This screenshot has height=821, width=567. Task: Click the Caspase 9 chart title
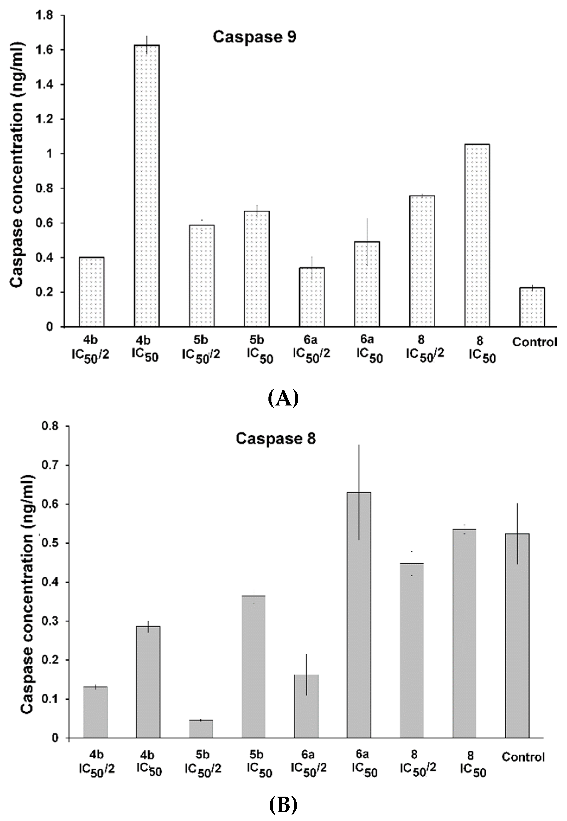tap(254, 37)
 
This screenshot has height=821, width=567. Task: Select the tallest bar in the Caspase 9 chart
tap(146, 185)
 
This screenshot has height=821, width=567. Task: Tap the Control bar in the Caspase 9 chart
tap(532, 307)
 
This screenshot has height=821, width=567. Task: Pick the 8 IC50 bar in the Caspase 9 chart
tap(477, 234)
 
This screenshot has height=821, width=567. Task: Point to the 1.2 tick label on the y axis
tap(43, 119)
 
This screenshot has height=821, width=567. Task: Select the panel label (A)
tap(283, 398)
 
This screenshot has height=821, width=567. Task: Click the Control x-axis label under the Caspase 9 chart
tap(534, 342)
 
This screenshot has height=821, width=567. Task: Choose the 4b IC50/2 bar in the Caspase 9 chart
tap(92, 291)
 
